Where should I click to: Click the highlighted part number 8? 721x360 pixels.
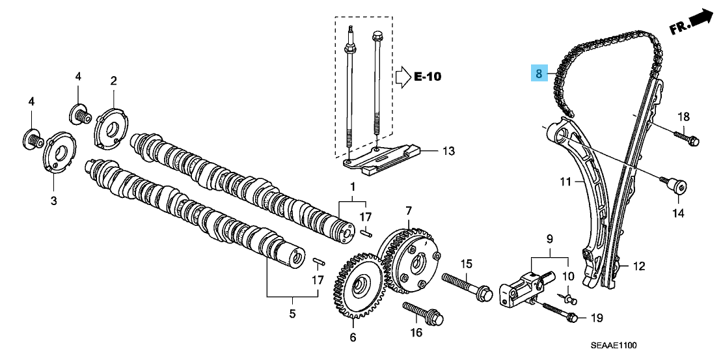tap(539, 73)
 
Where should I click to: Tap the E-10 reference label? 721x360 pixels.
tap(428, 77)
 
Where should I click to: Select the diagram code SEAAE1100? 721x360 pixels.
tap(614, 345)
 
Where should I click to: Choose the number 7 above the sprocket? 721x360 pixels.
tap(409, 211)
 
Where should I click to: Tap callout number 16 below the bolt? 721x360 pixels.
tap(416, 333)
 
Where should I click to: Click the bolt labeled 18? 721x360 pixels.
tap(685, 138)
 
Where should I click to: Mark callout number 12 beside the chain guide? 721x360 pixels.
tap(638, 266)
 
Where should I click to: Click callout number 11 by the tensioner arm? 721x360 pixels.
tap(565, 181)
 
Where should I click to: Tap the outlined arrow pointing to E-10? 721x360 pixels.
tap(401, 77)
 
